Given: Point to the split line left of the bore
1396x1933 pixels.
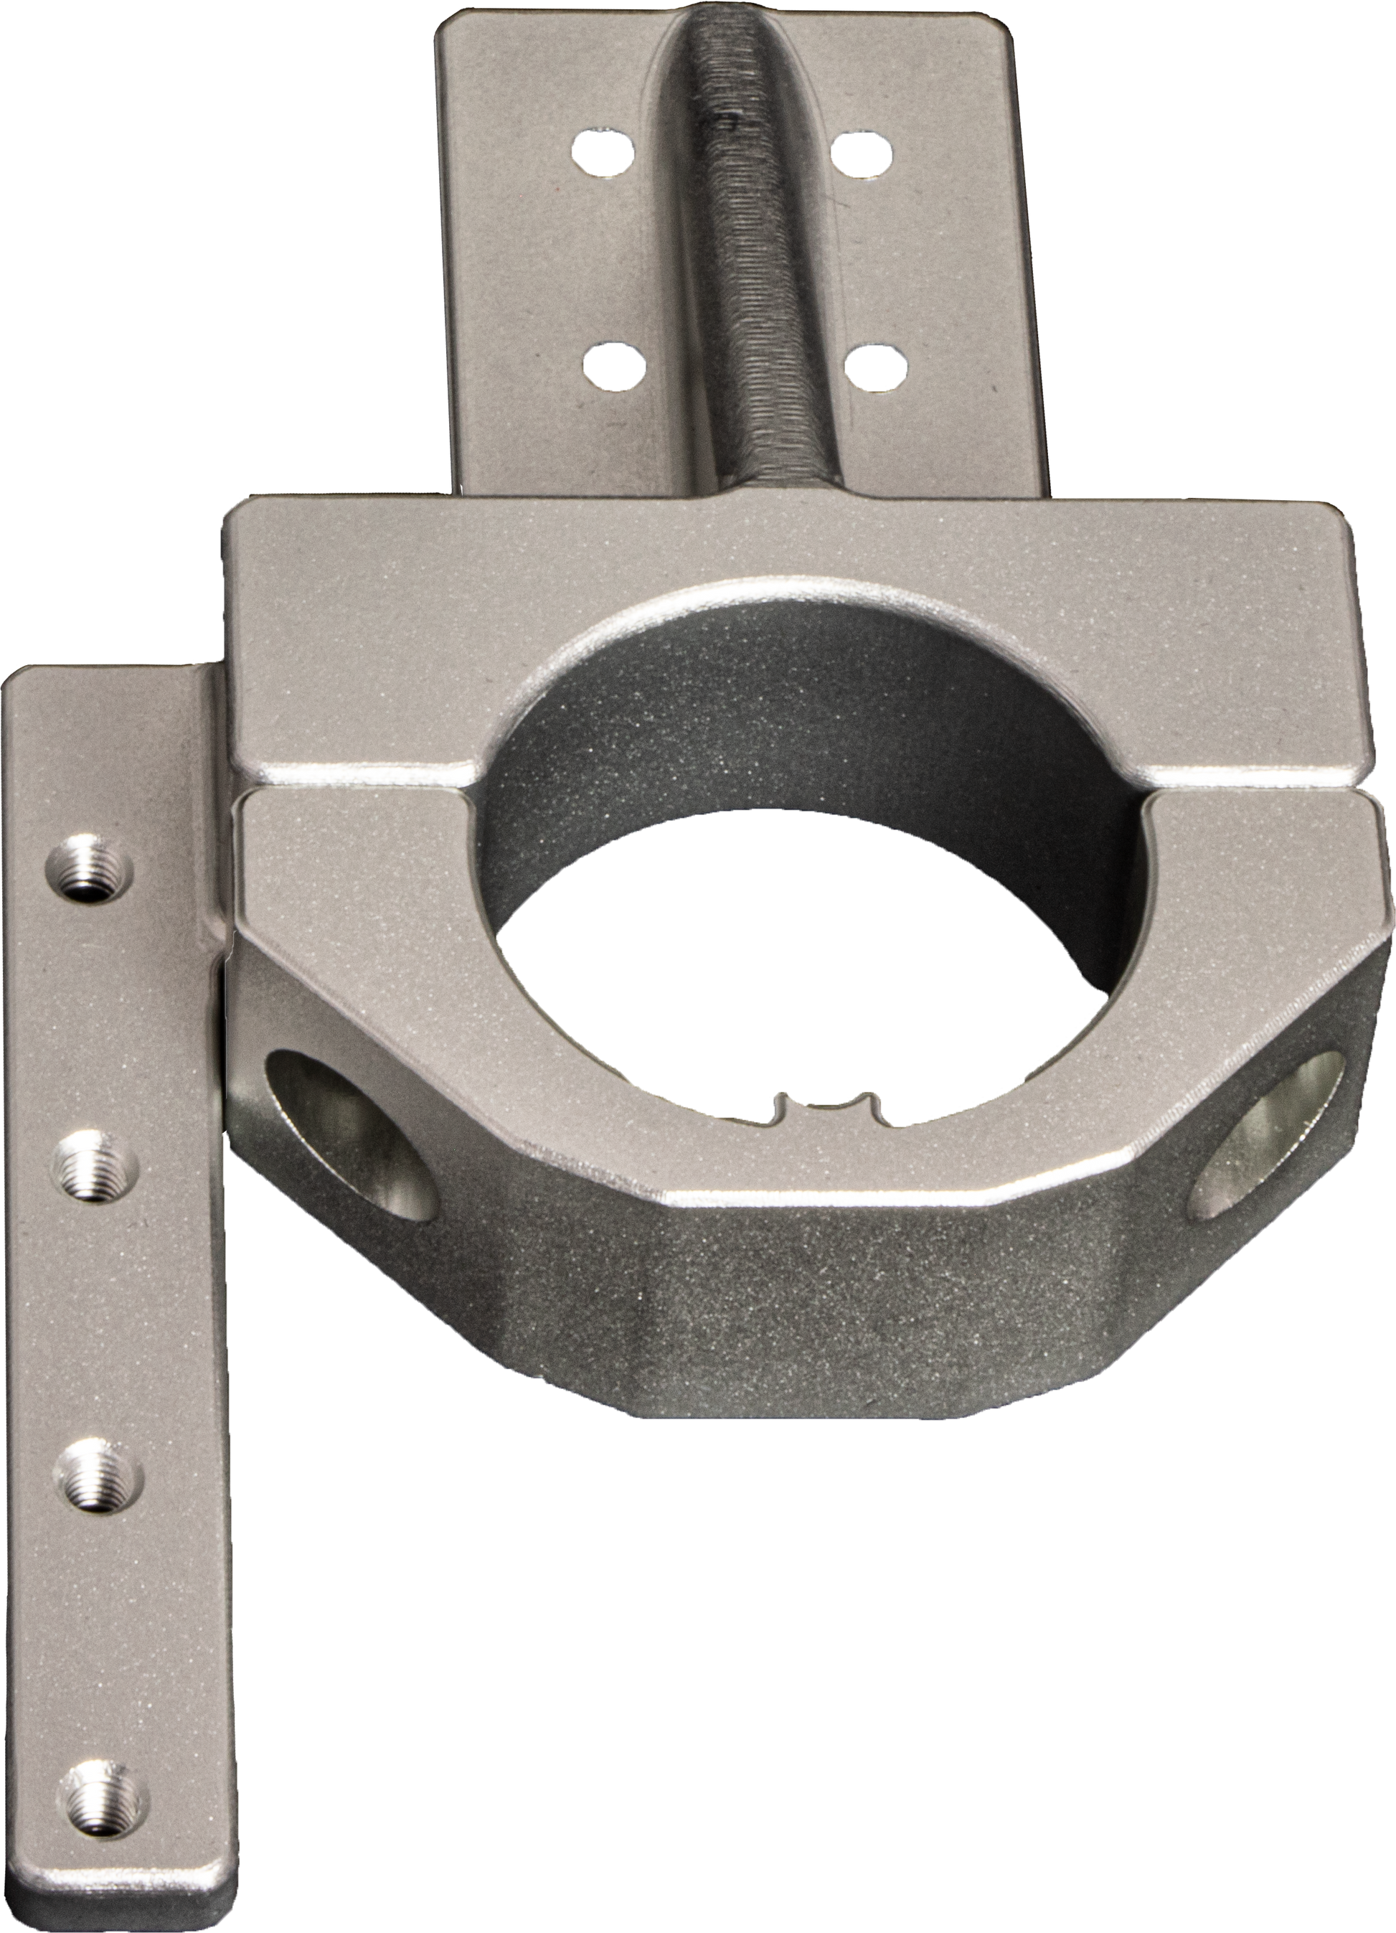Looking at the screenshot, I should [358, 782].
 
